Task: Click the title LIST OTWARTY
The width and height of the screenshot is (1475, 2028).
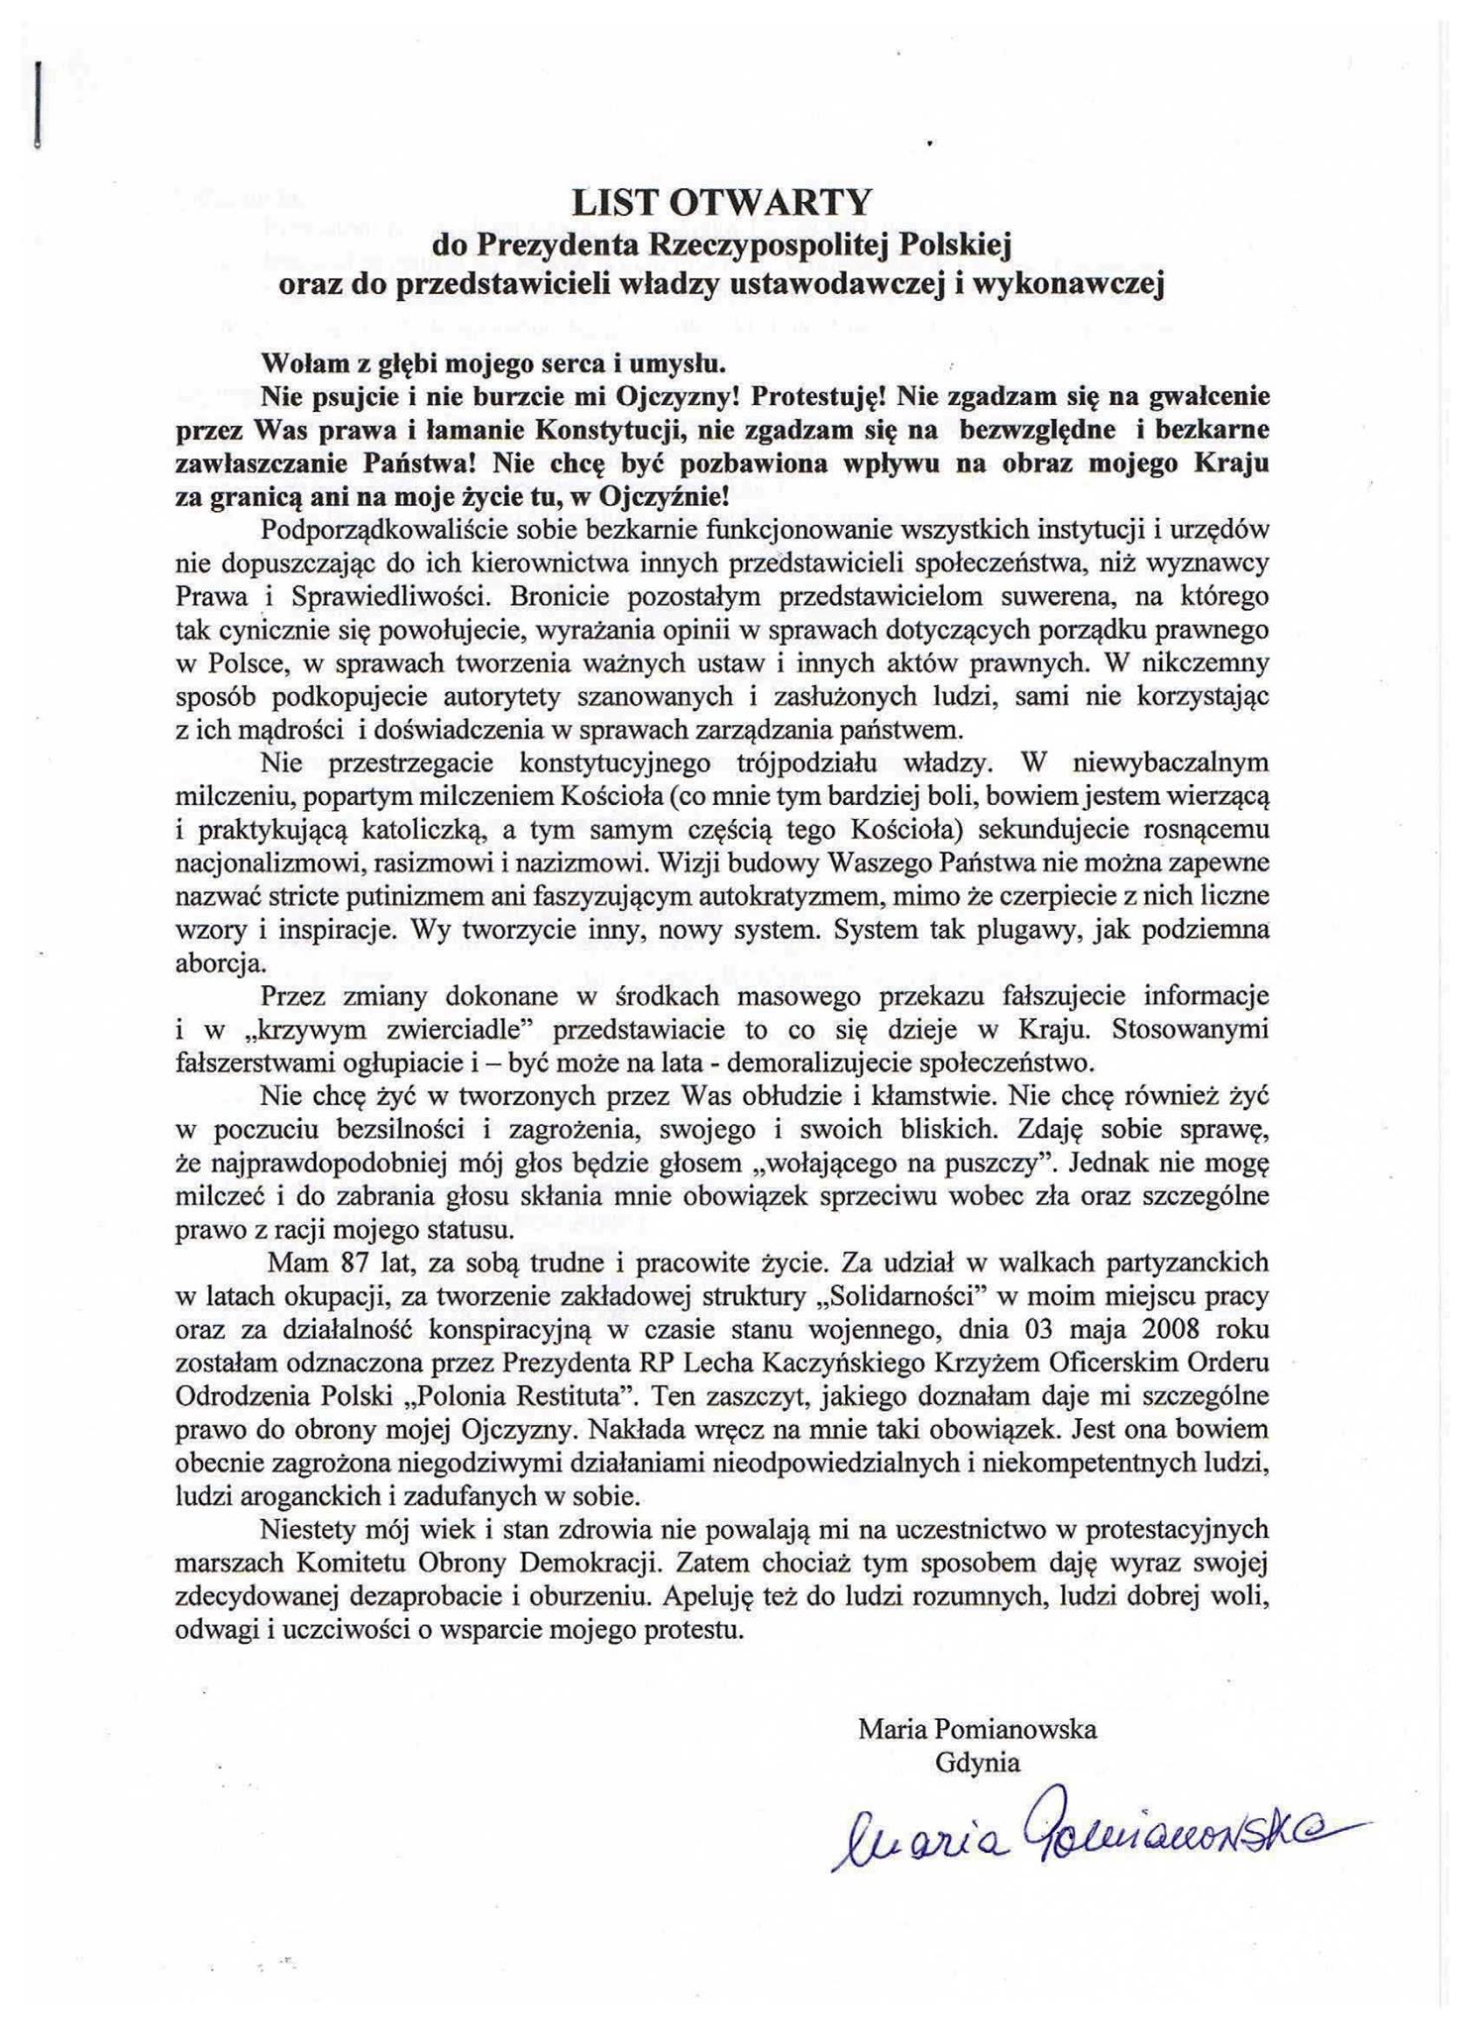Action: pyautogui.click(x=721, y=202)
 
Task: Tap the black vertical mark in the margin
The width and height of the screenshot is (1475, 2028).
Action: pyautogui.click(x=37, y=105)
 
